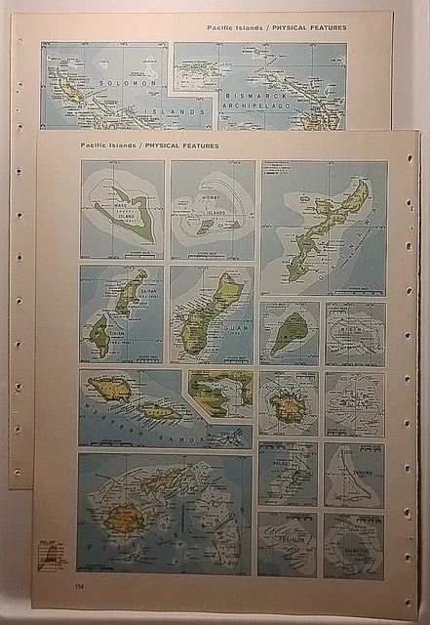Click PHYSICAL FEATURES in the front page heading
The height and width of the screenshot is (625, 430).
(183, 146)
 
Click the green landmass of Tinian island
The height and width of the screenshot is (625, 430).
(99, 337)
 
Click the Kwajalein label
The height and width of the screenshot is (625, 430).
(287, 552)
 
